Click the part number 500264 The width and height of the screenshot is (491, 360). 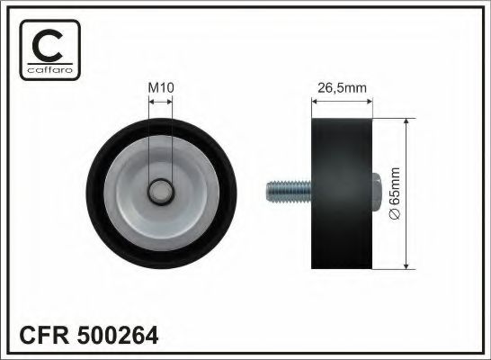tap(121, 336)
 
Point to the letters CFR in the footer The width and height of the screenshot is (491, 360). tap(40, 336)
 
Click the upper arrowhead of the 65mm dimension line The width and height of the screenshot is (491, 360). tap(406, 121)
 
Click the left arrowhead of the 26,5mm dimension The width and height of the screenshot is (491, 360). tap(314, 101)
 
